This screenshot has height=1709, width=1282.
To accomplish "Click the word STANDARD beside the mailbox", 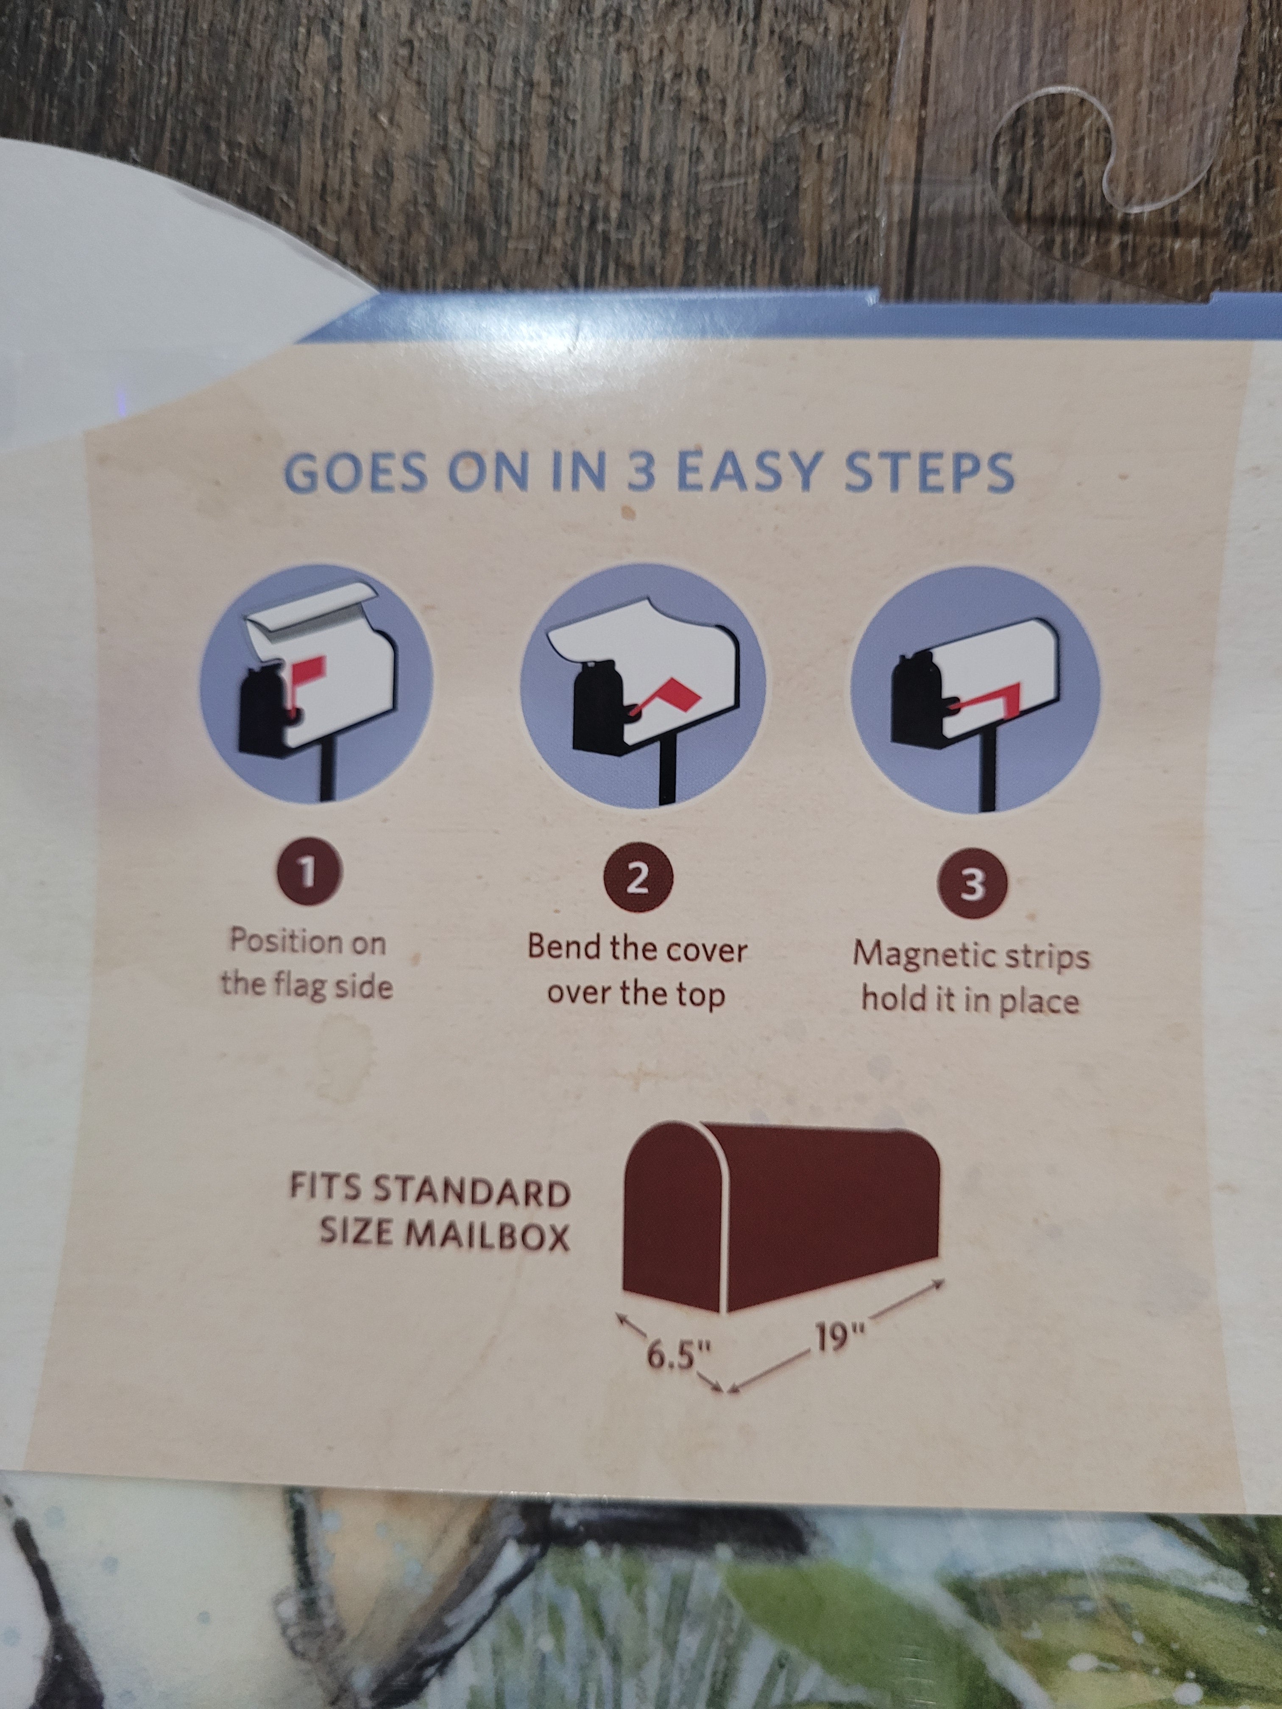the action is point(472,1192).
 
